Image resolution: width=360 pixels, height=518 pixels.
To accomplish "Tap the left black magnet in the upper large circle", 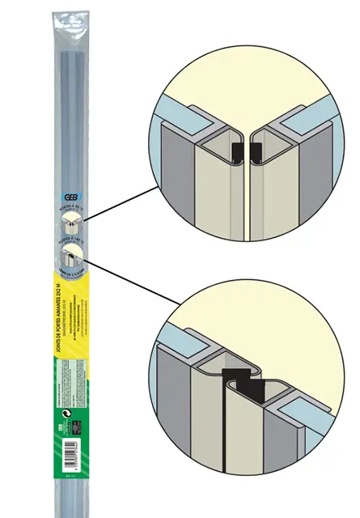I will [x=236, y=151].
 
